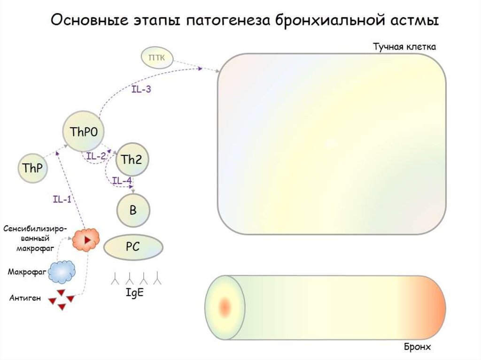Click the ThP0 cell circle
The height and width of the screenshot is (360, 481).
84,132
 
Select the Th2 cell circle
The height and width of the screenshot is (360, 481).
131,160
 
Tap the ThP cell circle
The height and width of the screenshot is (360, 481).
33,168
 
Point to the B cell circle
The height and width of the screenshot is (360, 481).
133,210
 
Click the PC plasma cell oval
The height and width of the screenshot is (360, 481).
133,247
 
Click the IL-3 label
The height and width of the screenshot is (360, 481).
140,89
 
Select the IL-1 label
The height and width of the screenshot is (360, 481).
62,199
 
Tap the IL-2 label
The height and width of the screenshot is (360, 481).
96,156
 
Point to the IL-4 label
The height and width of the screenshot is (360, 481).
122,180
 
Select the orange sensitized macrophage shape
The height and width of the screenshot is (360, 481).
86,239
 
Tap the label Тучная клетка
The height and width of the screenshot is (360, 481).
405,47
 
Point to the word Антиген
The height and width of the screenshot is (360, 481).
25,298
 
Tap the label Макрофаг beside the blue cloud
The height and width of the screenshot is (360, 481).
27,272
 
